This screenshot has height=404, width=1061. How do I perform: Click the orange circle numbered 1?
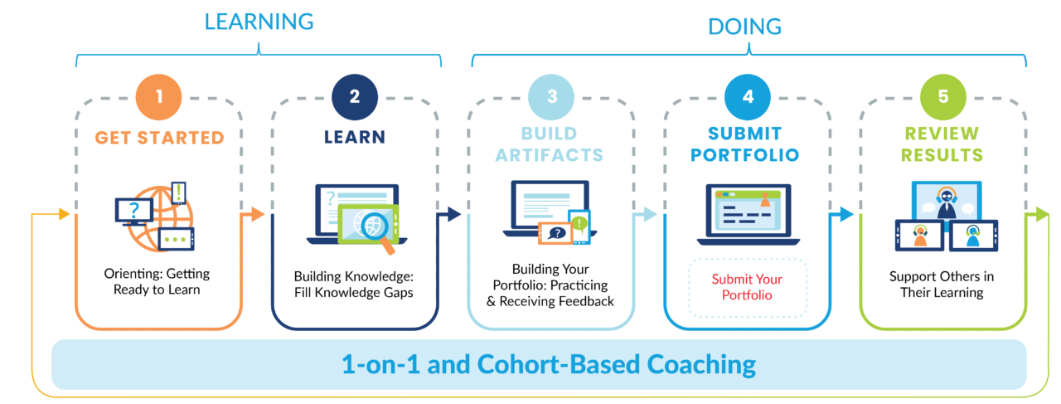click(158, 95)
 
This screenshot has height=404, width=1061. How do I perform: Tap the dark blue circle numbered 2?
click(355, 95)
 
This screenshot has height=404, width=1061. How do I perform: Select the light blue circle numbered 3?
click(551, 95)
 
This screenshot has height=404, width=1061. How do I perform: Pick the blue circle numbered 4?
click(748, 95)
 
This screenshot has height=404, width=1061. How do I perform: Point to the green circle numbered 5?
click(943, 95)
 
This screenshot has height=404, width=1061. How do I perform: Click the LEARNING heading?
click(259, 22)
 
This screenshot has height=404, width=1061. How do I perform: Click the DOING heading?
click(744, 27)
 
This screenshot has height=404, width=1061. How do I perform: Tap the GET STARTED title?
click(159, 138)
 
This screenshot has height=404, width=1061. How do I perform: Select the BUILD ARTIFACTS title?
click(551, 144)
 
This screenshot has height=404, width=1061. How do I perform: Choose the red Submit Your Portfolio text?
click(748, 287)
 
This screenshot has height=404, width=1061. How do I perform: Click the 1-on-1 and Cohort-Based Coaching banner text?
click(549, 364)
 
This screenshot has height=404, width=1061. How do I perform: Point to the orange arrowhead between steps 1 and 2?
click(257, 215)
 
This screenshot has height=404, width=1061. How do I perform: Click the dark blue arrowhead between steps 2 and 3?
click(453, 215)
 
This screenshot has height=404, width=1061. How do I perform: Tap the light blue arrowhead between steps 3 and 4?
click(650, 215)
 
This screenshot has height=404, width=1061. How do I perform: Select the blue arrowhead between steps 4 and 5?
click(846, 215)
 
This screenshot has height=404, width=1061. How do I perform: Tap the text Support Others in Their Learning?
click(942, 284)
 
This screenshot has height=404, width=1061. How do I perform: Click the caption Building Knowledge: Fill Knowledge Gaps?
click(354, 284)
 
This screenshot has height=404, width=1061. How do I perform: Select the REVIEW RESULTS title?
click(943, 144)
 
